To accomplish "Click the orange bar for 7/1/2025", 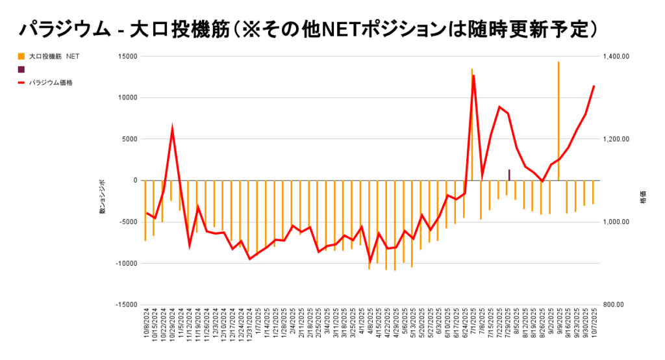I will [x=472, y=123].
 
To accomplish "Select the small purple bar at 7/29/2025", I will [x=508, y=175].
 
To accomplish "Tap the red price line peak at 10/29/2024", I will [x=172, y=129].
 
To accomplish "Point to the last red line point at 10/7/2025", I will [x=594, y=86].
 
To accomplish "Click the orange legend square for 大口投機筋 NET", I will [x=21, y=57].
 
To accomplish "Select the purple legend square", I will [x=21, y=69].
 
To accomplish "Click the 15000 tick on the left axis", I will [x=127, y=57].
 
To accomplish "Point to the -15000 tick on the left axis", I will [x=126, y=305].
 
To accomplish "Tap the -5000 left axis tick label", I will [x=128, y=222].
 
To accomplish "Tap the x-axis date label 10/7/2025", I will [x=593, y=328].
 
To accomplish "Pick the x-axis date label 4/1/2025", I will [x=360, y=326].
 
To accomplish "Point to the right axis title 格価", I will [x=643, y=201].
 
